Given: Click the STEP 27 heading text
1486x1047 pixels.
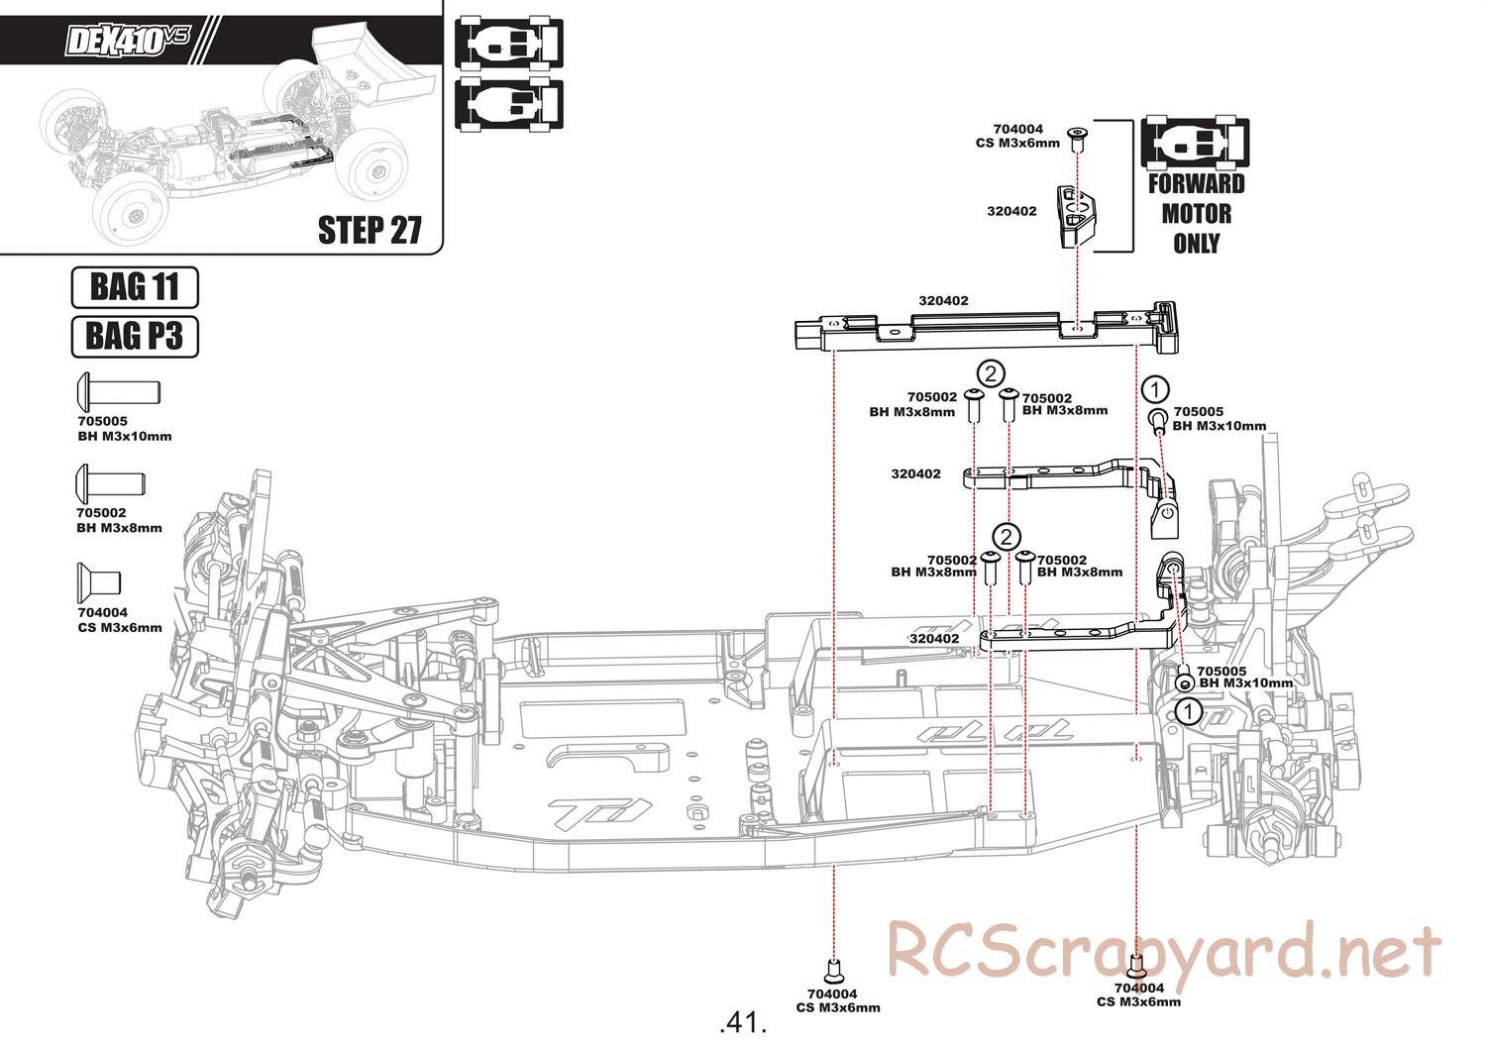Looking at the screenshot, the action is coord(370,230).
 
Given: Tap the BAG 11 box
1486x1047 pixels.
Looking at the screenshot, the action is coord(135,287).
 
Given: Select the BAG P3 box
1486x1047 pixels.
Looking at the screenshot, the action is coord(135,337).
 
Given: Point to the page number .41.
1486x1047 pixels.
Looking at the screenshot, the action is coord(742,1022).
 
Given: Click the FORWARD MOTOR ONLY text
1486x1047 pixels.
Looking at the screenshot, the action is coord(1196,214).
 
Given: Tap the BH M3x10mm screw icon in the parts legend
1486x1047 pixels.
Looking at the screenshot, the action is coord(119,391).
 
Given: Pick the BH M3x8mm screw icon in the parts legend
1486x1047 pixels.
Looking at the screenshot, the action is coord(110,483).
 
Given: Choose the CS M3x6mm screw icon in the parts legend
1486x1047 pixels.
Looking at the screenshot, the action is coord(99,582).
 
